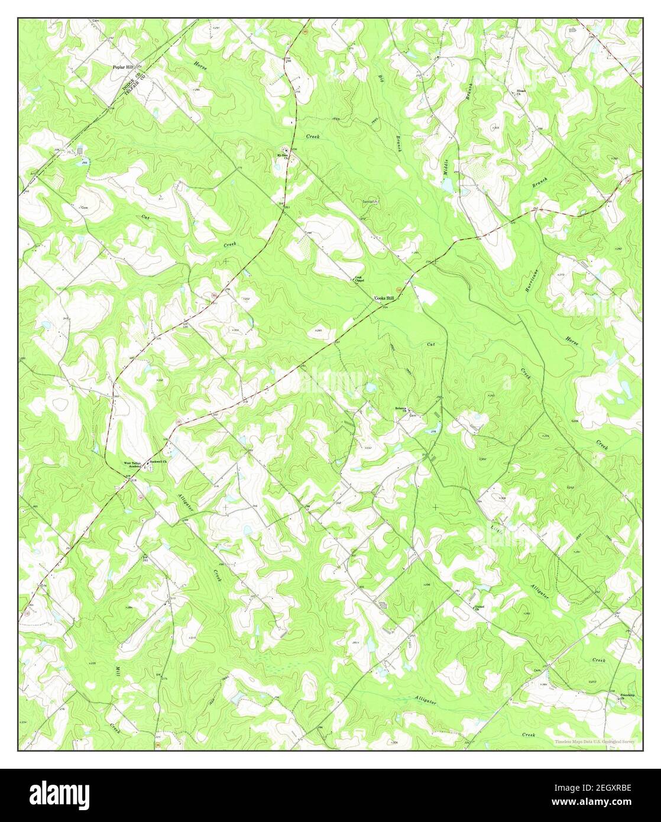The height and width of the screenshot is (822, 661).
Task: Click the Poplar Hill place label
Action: (124, 67)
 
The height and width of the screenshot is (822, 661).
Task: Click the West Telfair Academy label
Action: (132, 465)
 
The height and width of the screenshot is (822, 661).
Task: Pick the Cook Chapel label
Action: (358, 279)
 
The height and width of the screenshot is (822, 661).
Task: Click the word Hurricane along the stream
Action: (533, 281)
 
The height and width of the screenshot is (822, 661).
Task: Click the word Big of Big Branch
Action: (381, 82)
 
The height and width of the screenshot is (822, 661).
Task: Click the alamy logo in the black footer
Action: (61, 794)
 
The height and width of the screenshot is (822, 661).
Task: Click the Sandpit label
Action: (370, 202)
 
